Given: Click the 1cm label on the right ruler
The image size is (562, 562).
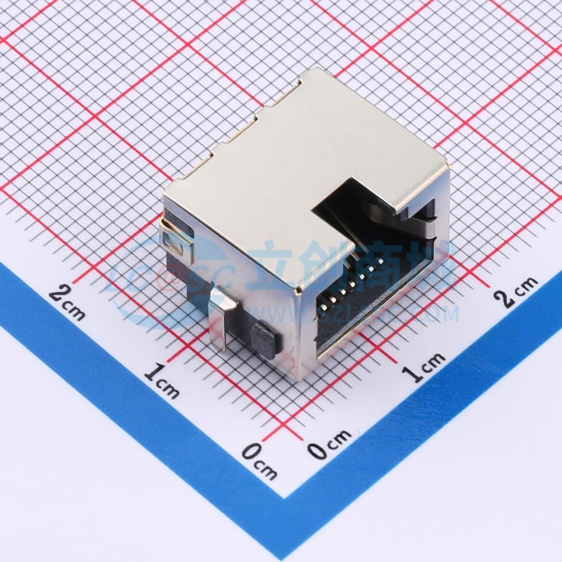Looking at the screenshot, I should coord(423,367).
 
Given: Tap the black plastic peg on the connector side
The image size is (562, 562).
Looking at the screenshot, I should coord(263,340).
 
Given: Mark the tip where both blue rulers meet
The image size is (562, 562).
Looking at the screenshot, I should coord(286,496).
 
